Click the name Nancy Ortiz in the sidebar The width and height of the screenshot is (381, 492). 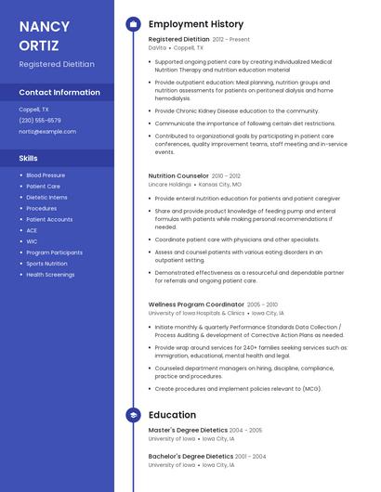point(46,34)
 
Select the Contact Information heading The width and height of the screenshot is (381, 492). point(59,92)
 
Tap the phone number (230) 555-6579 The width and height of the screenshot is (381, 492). point(40,120)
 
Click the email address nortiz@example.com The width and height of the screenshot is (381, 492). point(47,131)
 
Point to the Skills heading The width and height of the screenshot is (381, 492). point(28,158)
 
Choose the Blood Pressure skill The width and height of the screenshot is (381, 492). point(46,175)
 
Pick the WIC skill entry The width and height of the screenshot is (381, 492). point(32,241)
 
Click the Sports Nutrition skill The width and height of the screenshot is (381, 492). point(46,264)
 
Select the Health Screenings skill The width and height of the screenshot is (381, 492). point(50,275)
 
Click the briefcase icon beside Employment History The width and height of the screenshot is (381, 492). point(133,24)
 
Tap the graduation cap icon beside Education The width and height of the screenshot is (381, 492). point(133,415)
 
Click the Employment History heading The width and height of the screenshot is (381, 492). point(195,24)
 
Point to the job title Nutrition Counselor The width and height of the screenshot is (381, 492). point(178,175)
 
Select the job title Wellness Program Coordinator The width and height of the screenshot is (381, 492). point(196,304)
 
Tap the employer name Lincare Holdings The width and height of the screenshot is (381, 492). point(170,184)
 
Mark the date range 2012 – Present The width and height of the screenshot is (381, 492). point(231,39)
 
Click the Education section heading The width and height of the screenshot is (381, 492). point(172,415)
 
